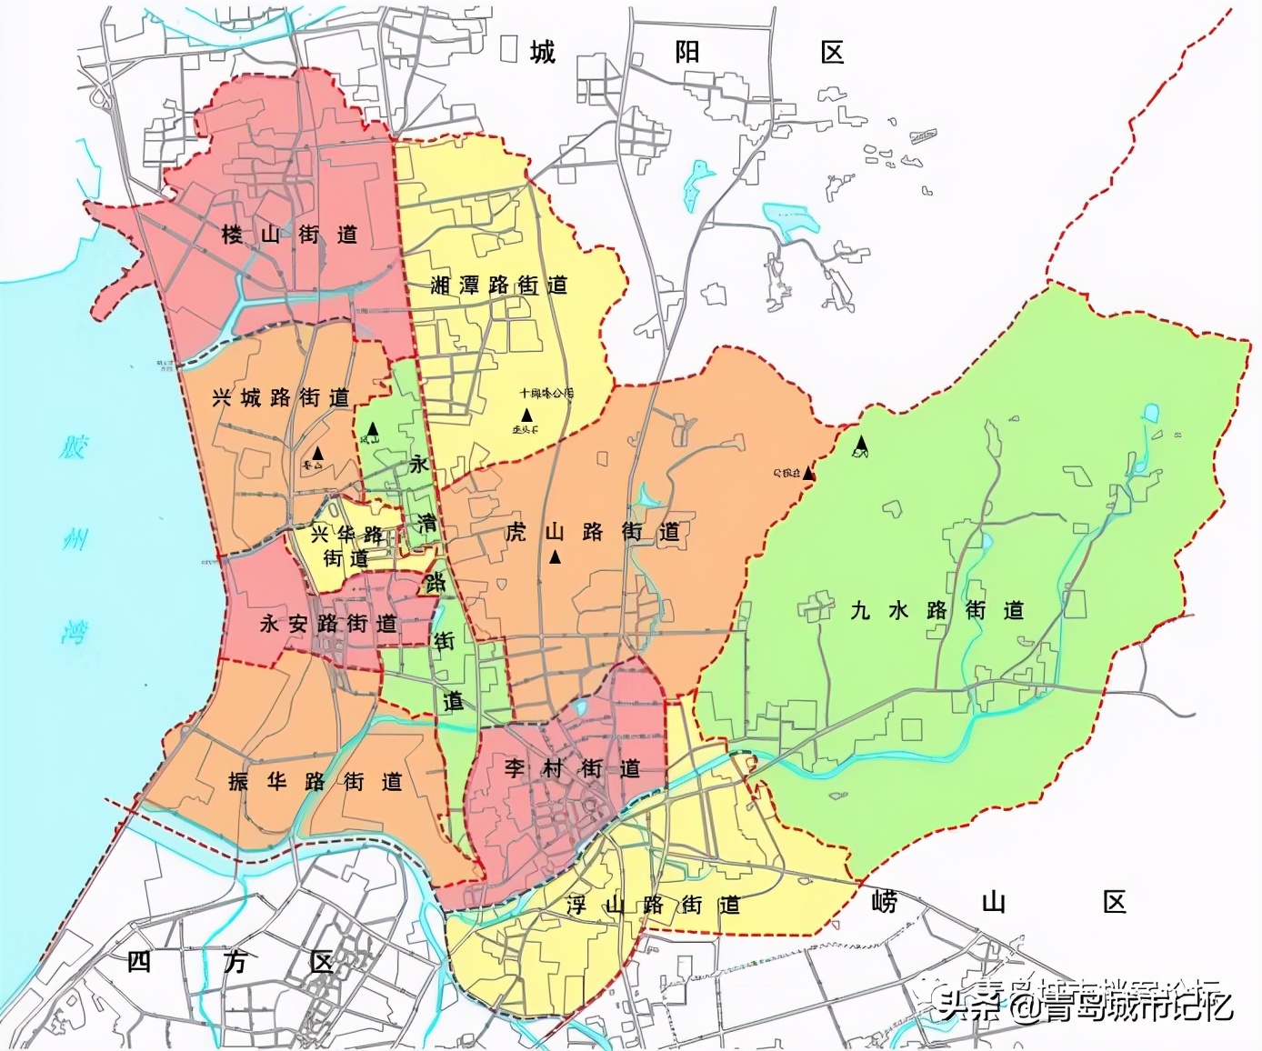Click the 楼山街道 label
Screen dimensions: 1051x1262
(289, 235)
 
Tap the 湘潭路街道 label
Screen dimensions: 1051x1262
(498, 285)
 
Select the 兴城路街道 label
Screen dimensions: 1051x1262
(280, 398)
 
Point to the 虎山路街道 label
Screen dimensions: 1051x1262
(592, 532)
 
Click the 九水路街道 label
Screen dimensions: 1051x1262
(936, 610)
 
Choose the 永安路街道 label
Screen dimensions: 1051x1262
(328, 624)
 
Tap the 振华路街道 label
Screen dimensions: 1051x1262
(315, 782)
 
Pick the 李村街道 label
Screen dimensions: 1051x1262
(572, 768)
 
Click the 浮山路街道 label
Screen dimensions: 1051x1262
(653, 905)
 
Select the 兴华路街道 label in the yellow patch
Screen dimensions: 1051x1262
(346, 546)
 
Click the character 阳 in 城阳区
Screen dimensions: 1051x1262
(687, 52)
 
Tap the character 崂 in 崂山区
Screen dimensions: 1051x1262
(883, 902)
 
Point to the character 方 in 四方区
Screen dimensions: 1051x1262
(235, 962)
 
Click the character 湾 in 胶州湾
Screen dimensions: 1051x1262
(75, 631)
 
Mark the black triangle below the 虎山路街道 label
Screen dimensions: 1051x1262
(555, 557)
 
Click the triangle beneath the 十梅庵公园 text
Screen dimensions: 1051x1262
(526, 415)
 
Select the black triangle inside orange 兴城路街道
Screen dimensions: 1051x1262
(317, 451)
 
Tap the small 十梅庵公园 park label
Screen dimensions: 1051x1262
(546, 394)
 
